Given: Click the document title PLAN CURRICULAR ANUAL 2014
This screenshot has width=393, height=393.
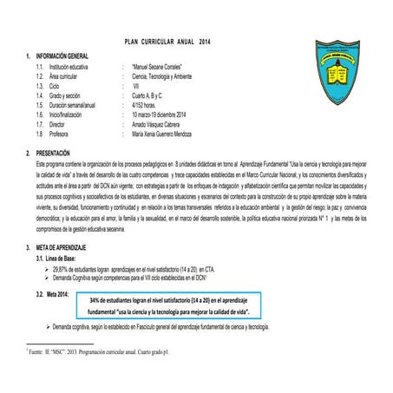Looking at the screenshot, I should point(168,42).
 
